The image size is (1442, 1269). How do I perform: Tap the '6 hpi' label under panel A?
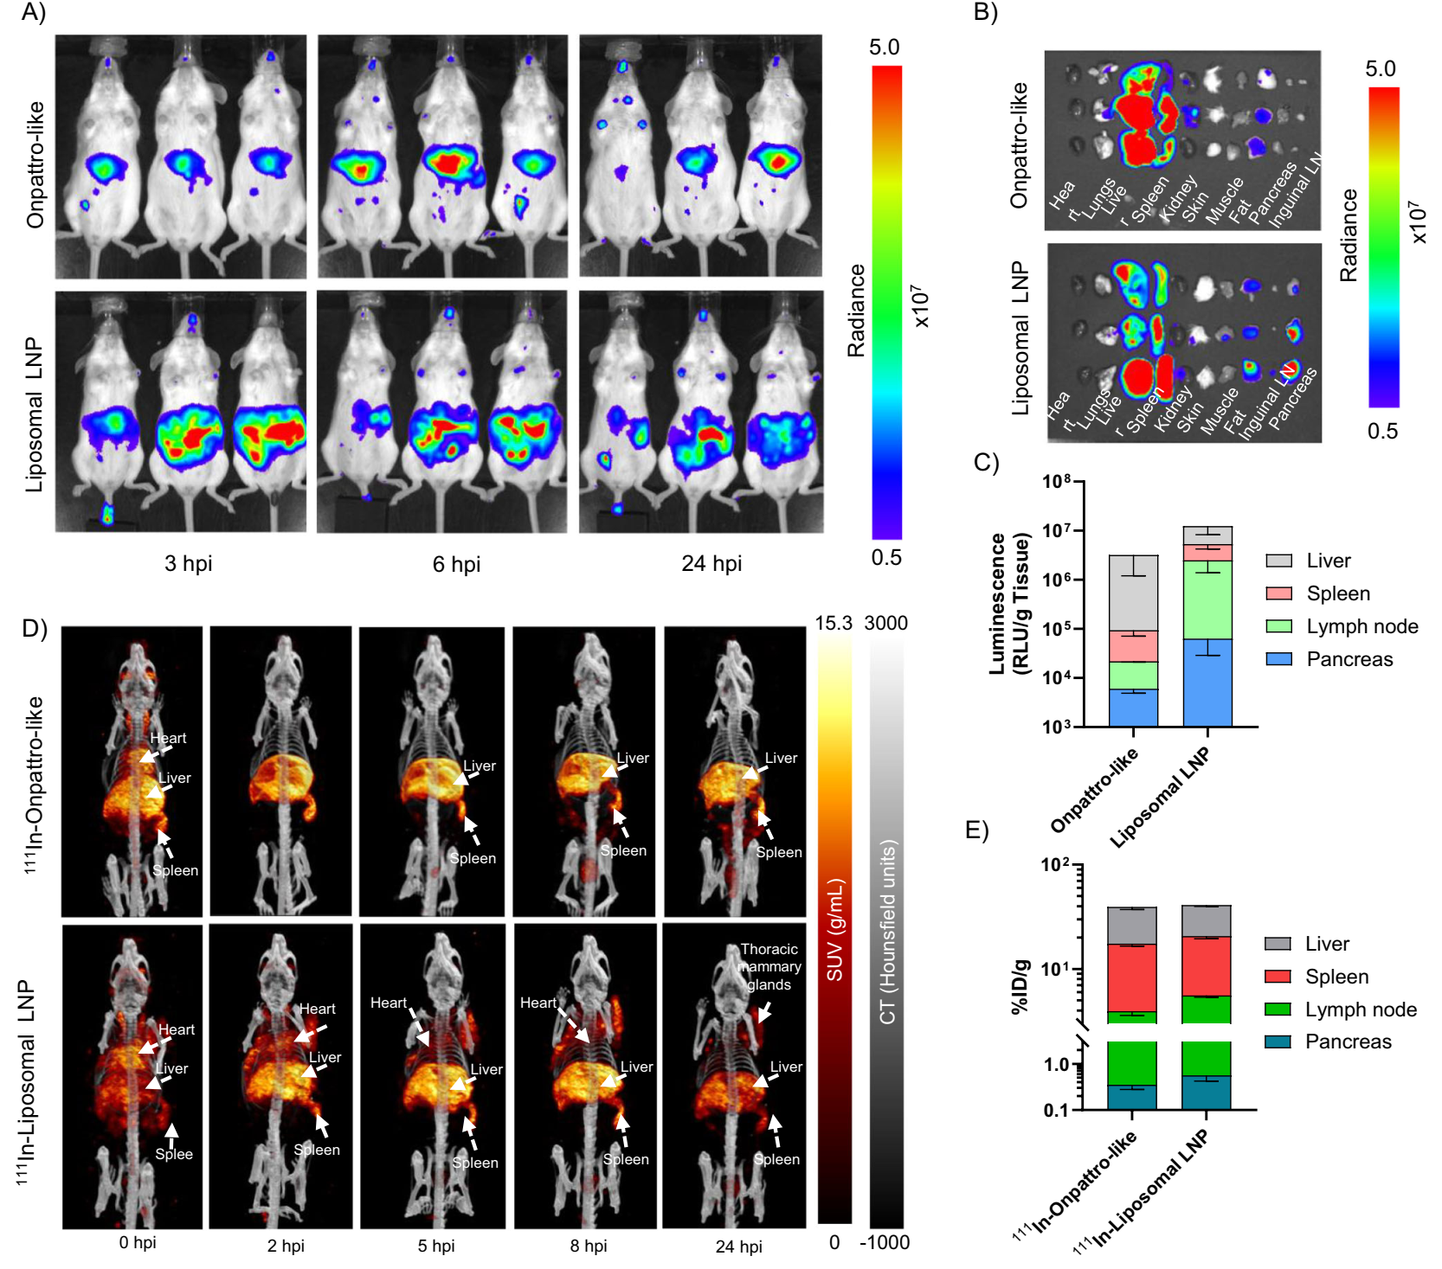[x=456, y=565]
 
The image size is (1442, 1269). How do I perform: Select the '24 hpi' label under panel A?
[x=711, y=564]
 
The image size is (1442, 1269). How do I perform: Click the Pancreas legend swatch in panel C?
[x=1278, y=659]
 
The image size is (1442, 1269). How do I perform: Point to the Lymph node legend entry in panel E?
[x=1360, y=1009]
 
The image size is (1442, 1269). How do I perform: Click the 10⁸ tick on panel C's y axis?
[x=1057, y=481]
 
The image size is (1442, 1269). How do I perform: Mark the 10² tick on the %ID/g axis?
[x=1055, y=865]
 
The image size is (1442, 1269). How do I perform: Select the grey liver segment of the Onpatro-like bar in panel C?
[x=1133, y=593]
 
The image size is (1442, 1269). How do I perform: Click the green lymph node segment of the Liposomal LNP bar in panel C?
[x=1207, y=599]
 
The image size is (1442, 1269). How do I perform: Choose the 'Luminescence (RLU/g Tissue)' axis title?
[x=1009, y=604]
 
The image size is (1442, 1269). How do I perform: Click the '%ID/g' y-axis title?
[x=1020, y=986]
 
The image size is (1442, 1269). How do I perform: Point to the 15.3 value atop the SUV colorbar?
[x=834, y=623]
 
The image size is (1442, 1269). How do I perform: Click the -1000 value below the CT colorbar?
[x=885, y=1243]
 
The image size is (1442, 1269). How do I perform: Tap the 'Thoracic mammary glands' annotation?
[x=769, y=967]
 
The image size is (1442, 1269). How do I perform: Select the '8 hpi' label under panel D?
[x=589, y=1246]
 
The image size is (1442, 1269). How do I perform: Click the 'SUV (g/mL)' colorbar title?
[x=834, y=930]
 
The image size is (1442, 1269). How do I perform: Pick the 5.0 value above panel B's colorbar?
[x=1380, y=69]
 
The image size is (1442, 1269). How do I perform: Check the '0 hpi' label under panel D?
[x=138, y=1243]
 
